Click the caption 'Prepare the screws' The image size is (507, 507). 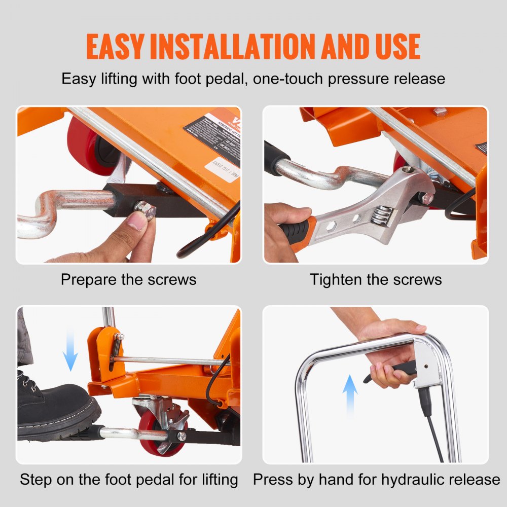coord(128,279)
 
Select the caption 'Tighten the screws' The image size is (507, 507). coord(376,279)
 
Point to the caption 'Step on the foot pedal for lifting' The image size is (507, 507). coord(129,479)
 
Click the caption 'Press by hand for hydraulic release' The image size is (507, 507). coord(376,479)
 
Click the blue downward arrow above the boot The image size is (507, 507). coord(71,350)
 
